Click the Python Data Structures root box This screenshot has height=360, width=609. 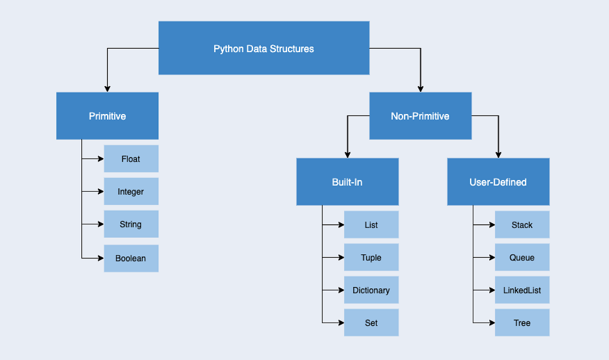[264, 48]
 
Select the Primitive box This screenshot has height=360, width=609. [107, 116]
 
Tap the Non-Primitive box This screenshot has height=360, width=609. [420, 116]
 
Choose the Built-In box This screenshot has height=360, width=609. [347, 182]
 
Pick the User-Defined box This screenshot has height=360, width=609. [498, 182]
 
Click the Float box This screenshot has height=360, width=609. [131, 159]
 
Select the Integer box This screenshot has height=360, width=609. [131, 191]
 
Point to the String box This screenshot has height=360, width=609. [131, 224]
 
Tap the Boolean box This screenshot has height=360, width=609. [131, 258]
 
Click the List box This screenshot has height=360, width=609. [371, 225]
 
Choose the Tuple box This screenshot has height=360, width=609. [371, 257]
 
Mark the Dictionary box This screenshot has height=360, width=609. [371, 290]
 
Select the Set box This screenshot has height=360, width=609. [371, 323]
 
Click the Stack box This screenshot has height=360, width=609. [522, 225]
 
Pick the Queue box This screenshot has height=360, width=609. [522, 257]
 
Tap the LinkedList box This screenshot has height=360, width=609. [522, 290]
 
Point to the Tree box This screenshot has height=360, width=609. [522, 323]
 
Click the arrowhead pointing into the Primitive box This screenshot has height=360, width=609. [107, 89]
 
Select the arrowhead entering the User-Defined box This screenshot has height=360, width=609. [499, 155]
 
